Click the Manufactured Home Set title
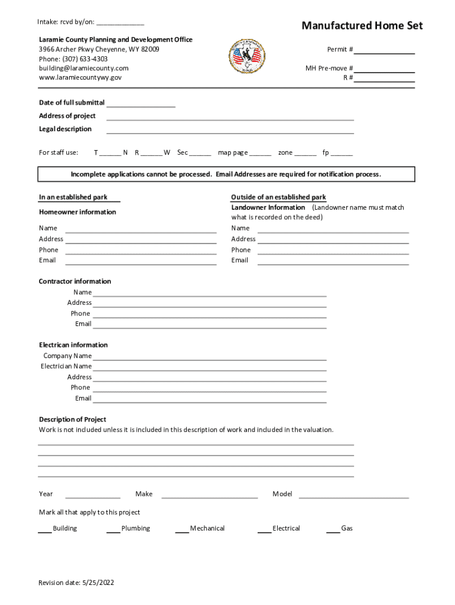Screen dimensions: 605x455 click(x=362, y=25)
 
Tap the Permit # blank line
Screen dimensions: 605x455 click(x=384, y=50)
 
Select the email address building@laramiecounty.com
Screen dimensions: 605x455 click(x=83, y=69)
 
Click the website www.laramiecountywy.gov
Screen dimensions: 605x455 click(x=80, y=77)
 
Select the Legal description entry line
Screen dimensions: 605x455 click(x=230, y=131)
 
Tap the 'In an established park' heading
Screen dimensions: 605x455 click(x=73, y=197)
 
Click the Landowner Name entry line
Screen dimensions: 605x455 click(x=333, y=230)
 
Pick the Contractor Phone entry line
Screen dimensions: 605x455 click(x=209, y=315)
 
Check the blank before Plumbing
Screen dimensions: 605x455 click(x=113, y=530)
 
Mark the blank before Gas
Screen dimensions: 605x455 click(x=333, y=530)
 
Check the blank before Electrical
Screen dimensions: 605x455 click(x=264, y=530)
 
